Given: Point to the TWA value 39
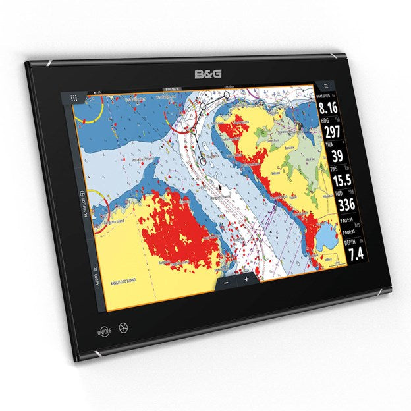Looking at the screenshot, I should click(336, 156).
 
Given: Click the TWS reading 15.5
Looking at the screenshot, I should click(340, 180).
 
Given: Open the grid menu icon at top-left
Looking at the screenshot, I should click(74, 97).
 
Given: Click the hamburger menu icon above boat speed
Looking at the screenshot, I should click(325, 85).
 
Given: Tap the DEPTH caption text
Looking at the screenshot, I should click(350, 242).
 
